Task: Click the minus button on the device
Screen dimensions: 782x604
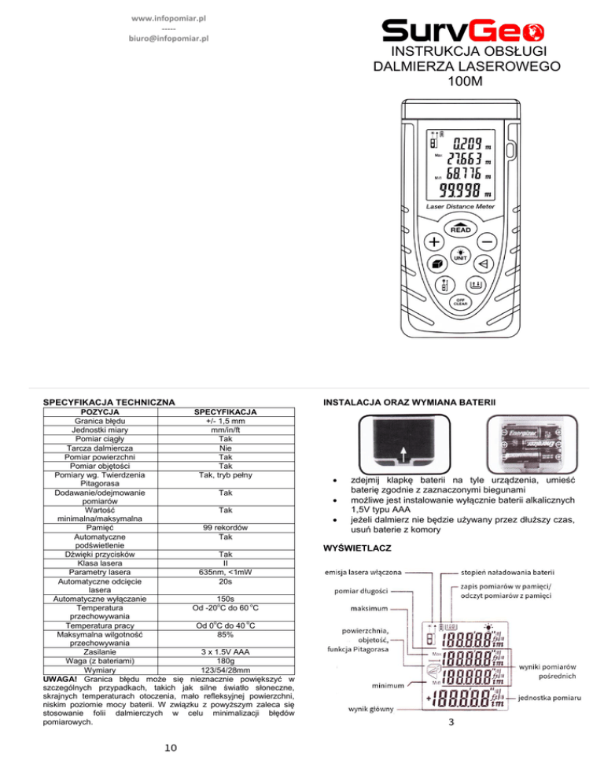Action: [x=488, y=241]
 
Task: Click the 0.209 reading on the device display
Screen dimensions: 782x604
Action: [x=466, y=145]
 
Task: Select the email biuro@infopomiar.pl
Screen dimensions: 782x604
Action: [x=168, y=37]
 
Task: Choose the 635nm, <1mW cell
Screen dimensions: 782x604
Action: [x=226, y=594]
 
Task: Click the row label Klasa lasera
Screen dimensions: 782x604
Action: [x=99, y=583]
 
